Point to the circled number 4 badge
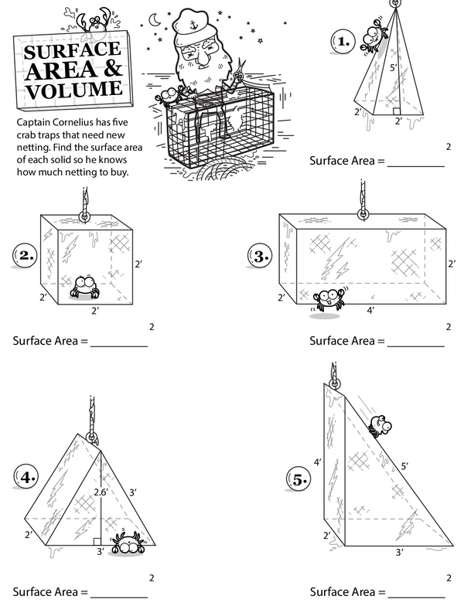click(26, 477)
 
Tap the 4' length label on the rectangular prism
click(370, 310)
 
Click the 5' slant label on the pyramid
click(393, 69)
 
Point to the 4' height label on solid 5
click(317, 462)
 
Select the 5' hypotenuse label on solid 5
click(404, 467)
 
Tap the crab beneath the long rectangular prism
click(329, 300)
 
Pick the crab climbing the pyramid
click(373, 36)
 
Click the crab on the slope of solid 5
click(379, 424)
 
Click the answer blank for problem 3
click(416, 341)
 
